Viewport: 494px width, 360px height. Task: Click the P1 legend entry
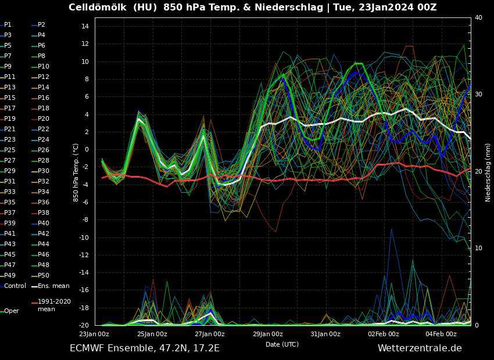8,25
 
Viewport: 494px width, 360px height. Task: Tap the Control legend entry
15,286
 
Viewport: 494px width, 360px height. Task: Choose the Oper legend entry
11,311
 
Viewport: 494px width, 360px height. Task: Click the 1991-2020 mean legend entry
54,305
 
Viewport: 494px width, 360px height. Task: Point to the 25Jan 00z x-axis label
152,334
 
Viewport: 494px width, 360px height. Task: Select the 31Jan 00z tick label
326,334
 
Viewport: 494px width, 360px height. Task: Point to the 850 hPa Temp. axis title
76,172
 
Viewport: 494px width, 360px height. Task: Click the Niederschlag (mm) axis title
488,172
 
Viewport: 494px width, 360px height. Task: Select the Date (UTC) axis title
282,344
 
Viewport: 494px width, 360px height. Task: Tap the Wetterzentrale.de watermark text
420,348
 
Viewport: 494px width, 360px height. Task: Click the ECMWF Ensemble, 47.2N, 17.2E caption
145,348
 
